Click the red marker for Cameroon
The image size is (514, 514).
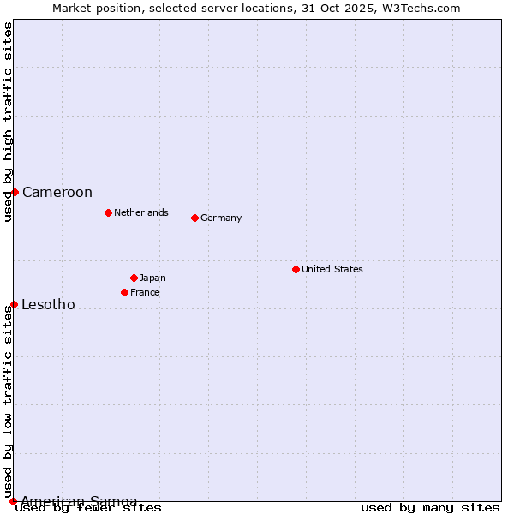[15, 192]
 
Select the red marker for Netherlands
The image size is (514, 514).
[108, 212]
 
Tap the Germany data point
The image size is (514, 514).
[194, 218]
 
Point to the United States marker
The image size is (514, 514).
[296, 269]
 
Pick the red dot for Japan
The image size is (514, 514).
[134, 278]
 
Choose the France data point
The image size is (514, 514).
[124, 292]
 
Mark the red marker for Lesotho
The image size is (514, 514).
[14, 304]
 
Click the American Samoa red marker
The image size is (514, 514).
[13, 501]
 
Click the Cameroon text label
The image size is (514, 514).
[57, 192]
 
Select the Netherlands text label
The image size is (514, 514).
[141, 212]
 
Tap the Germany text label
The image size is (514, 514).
[221, 218]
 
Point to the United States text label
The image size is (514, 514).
[332, 269]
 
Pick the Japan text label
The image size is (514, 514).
[152, 278]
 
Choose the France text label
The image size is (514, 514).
[145, 292]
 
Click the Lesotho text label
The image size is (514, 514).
[48, 304]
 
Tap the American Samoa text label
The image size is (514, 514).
[79, 501]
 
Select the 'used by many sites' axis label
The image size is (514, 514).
[430, 507]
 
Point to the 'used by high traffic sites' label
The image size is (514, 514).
[8, 122]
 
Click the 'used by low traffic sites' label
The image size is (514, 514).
[8, 403]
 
